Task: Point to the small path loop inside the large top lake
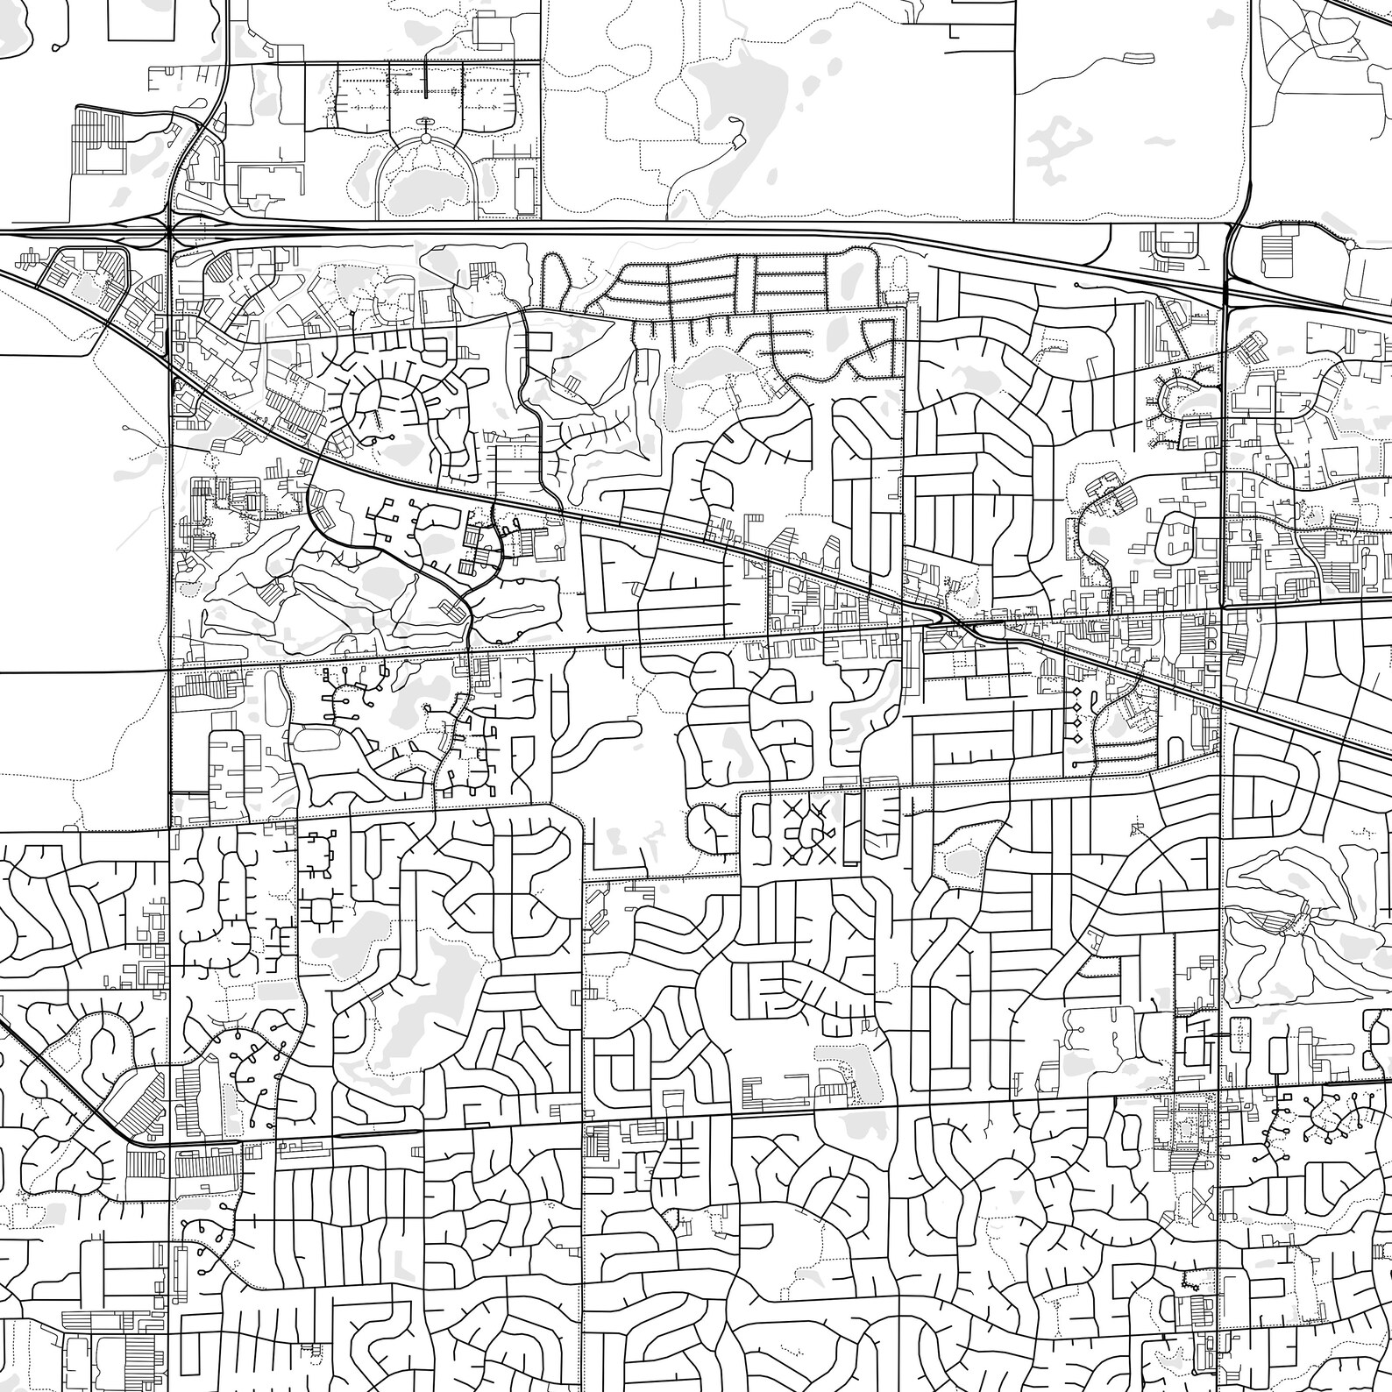click(738, 140)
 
